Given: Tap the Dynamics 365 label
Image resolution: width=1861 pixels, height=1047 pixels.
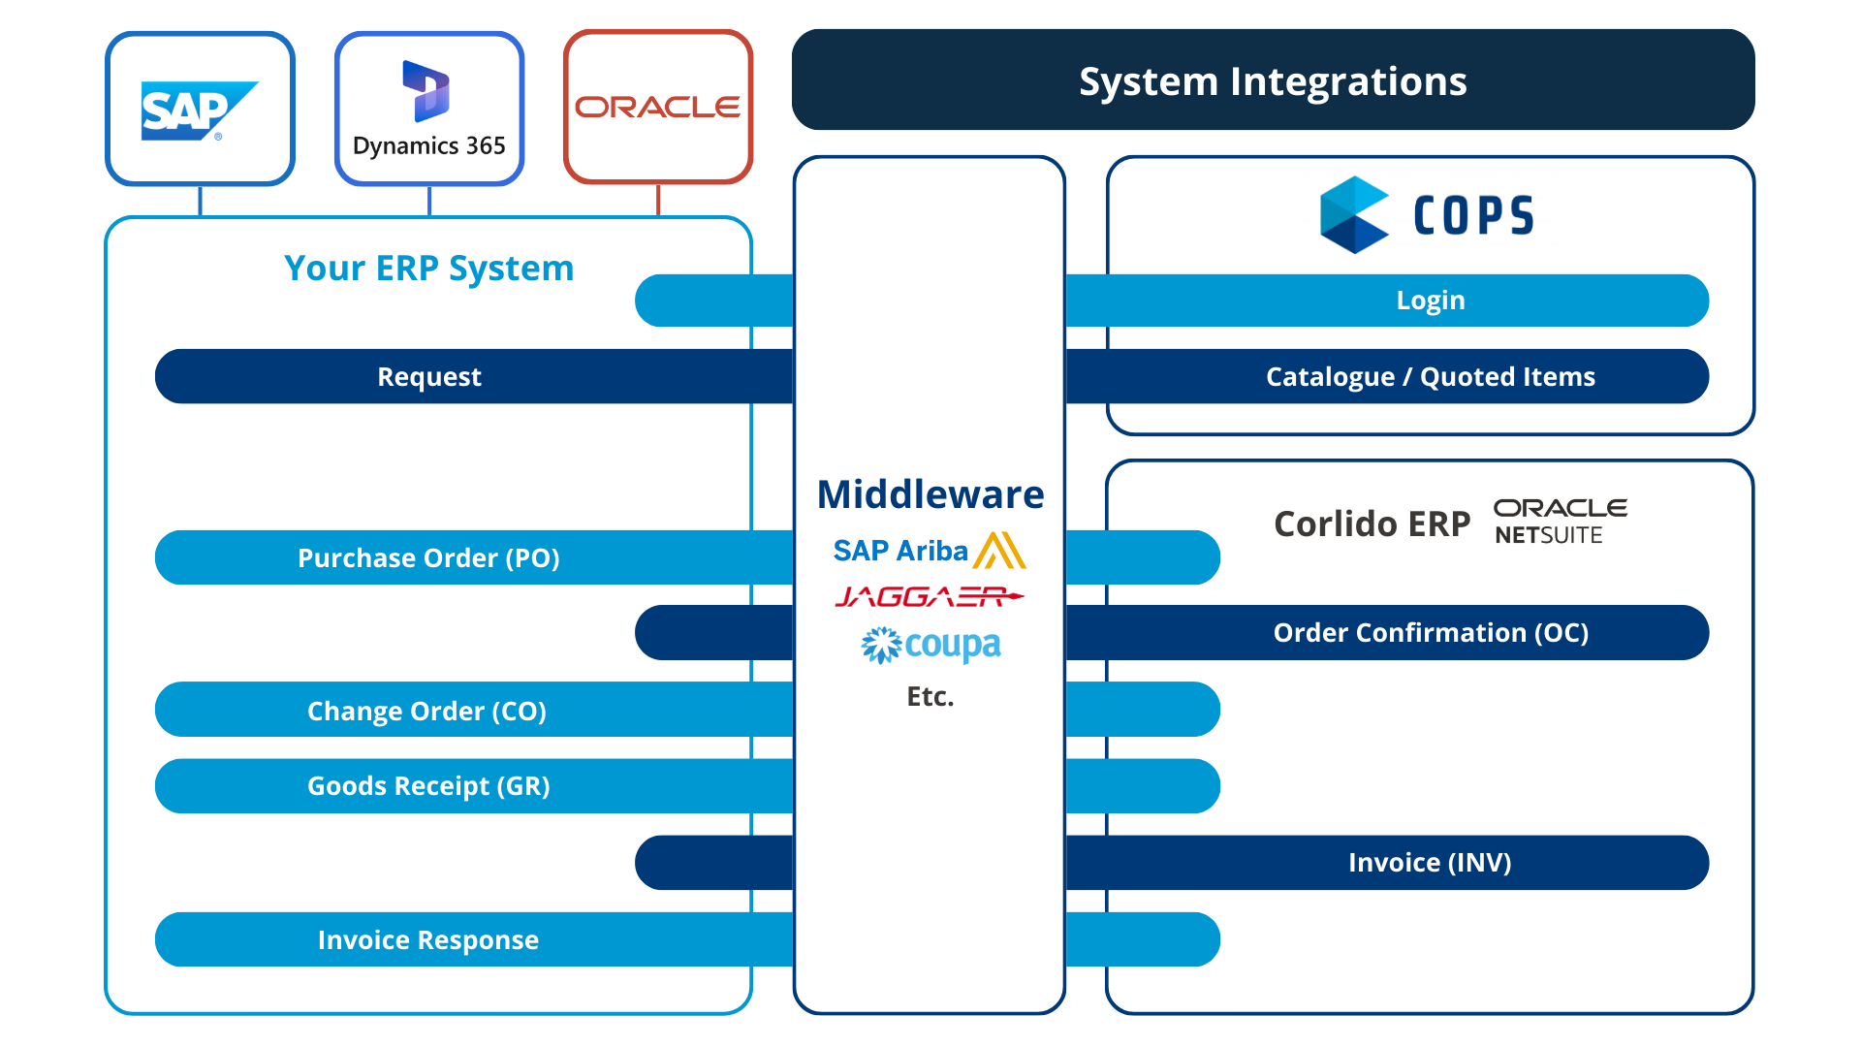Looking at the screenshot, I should [429, 146].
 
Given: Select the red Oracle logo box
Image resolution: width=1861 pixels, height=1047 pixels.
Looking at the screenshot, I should [658, 107].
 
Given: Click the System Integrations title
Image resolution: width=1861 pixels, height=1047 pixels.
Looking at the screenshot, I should [1273, 81].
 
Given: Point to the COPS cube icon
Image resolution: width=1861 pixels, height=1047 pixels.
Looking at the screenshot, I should [1353, 215].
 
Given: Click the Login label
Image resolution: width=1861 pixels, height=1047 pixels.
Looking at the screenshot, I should [1430, 301].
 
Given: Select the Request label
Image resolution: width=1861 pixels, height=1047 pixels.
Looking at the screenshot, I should [429, 377].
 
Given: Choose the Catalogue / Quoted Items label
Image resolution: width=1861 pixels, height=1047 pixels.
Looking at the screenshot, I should [1430, 377].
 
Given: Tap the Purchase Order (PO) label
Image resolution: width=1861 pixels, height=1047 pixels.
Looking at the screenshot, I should [428, 558].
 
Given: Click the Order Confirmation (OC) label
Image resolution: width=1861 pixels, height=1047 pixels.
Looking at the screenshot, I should [1431, 633].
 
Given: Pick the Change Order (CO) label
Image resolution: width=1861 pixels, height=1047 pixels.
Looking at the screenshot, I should [426, 712].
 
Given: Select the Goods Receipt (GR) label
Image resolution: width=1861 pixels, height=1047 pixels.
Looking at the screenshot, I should [428, 786].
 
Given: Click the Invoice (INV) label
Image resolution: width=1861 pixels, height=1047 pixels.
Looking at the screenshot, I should [1430, 863].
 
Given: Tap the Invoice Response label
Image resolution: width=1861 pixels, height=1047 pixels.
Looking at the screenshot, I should [427, 940].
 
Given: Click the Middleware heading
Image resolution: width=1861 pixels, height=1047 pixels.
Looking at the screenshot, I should [930, 494].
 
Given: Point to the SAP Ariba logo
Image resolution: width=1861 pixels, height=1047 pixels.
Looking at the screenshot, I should [929, 551].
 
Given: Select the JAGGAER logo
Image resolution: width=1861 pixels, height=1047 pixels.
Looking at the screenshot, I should [929, 597].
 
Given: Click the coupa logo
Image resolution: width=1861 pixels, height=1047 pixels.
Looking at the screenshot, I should [930, 646].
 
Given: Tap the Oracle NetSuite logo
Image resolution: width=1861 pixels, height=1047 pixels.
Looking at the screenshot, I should [1559, 522].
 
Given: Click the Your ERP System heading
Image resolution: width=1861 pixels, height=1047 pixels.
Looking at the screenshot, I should [428, 269].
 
